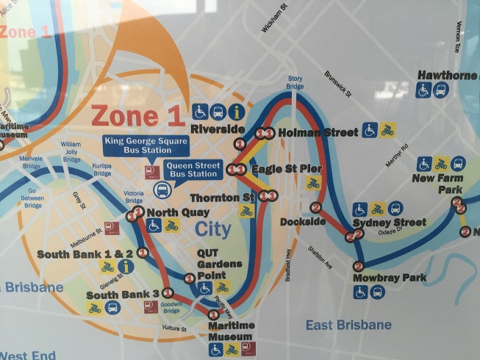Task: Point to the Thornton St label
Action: pos(221,198)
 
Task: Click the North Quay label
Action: pos(173,213)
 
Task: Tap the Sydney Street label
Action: pos(389,223)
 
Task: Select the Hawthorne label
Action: pos(447,75)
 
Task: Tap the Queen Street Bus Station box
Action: pos(193,170)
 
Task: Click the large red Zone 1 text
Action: pos(135,115)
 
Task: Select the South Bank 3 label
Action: pos(123,295)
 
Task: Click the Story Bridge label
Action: pos(295,82)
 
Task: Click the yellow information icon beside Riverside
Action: pos(237,112)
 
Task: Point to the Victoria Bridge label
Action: pos(134,197)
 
